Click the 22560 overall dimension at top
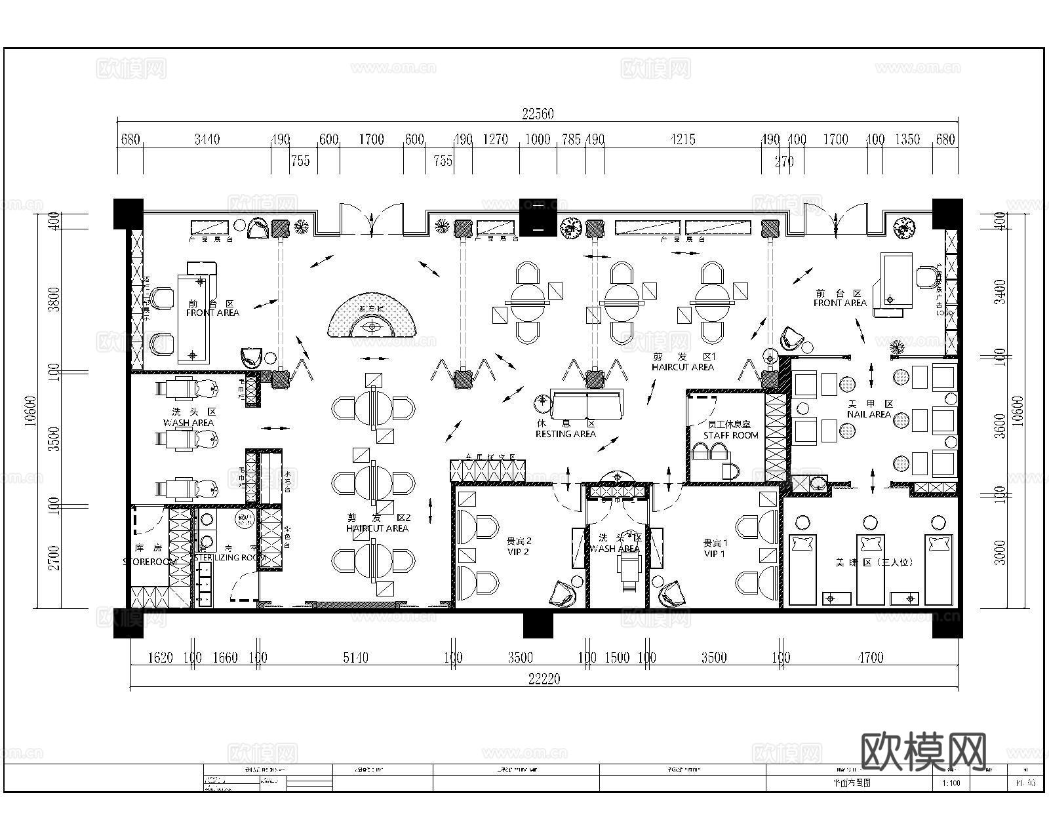[x=538, y=114]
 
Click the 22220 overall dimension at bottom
[x=544, y=679]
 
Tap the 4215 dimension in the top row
[x=683, y=140]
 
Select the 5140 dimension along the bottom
[x=355, y=657]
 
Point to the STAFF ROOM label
[x=730, y=435]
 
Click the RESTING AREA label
[x=565, y=434]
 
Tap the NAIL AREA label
[x=869, y=414]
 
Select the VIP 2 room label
[x=518, y=552]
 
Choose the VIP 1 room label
[x=715, y=554]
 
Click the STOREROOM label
[x=149, y=562]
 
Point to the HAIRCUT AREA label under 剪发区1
[x=683, y=367]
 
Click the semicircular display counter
[x=372, y=316]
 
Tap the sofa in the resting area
[x=587, y=404]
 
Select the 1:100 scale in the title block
[x=951, y=783]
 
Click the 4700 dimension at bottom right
[x=870, y=657]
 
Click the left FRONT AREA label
[x=212, y=313]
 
